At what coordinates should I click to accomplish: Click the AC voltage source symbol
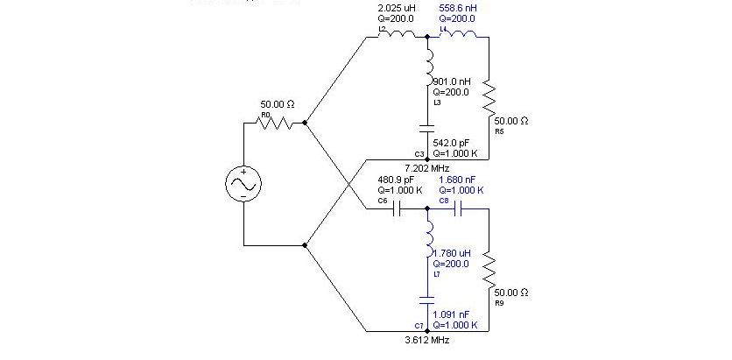pos(243,184)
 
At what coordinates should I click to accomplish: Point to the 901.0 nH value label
pos(452,81)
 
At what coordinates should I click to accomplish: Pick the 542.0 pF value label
pos(452,142)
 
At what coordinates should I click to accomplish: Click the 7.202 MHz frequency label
pos(427,167)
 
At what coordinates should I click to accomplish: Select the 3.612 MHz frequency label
pos(427,339)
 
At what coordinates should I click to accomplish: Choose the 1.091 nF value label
pos(452,314)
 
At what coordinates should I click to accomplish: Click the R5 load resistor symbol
pos(488,98)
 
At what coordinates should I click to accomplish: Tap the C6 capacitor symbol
pos(399,209)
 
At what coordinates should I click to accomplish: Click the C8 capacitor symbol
pos(460,209)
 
